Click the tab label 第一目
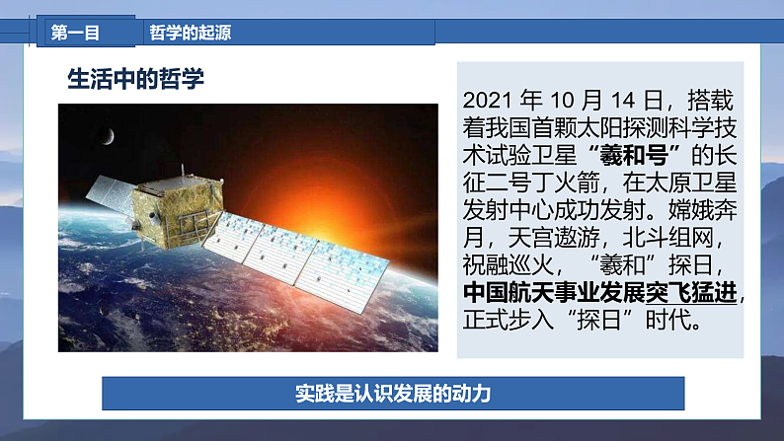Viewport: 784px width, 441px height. point(76,33)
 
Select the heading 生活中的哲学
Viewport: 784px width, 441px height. point(135,80)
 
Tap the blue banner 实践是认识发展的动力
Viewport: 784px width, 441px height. point(393,394)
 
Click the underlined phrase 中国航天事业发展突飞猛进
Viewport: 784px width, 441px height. point(599,294)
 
